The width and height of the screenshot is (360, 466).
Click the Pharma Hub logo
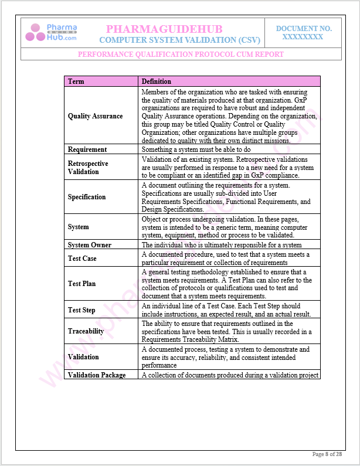(50, 32)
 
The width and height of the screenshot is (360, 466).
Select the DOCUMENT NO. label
(304, 28)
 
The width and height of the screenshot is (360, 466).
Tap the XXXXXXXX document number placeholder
(303, 36)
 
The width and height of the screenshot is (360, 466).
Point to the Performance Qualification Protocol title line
(181, 54)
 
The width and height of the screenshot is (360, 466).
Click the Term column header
(76, 81)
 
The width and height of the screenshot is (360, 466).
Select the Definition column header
(157, 81)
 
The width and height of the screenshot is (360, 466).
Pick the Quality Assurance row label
(96, 116)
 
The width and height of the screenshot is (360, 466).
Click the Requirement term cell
(87, 149)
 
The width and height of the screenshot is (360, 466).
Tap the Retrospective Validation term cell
(89, 168)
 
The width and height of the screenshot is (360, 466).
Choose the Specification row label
(87, 197)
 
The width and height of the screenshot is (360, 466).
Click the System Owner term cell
(90, 245)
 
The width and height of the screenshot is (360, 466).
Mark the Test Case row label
(82, 258)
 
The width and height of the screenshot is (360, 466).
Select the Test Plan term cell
(81, 284)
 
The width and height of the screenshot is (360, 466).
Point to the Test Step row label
(81, 310)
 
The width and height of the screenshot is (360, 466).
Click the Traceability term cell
(86, 331)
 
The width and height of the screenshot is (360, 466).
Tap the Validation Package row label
(97, 375)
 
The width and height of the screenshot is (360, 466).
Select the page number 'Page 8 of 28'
(327, 454)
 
